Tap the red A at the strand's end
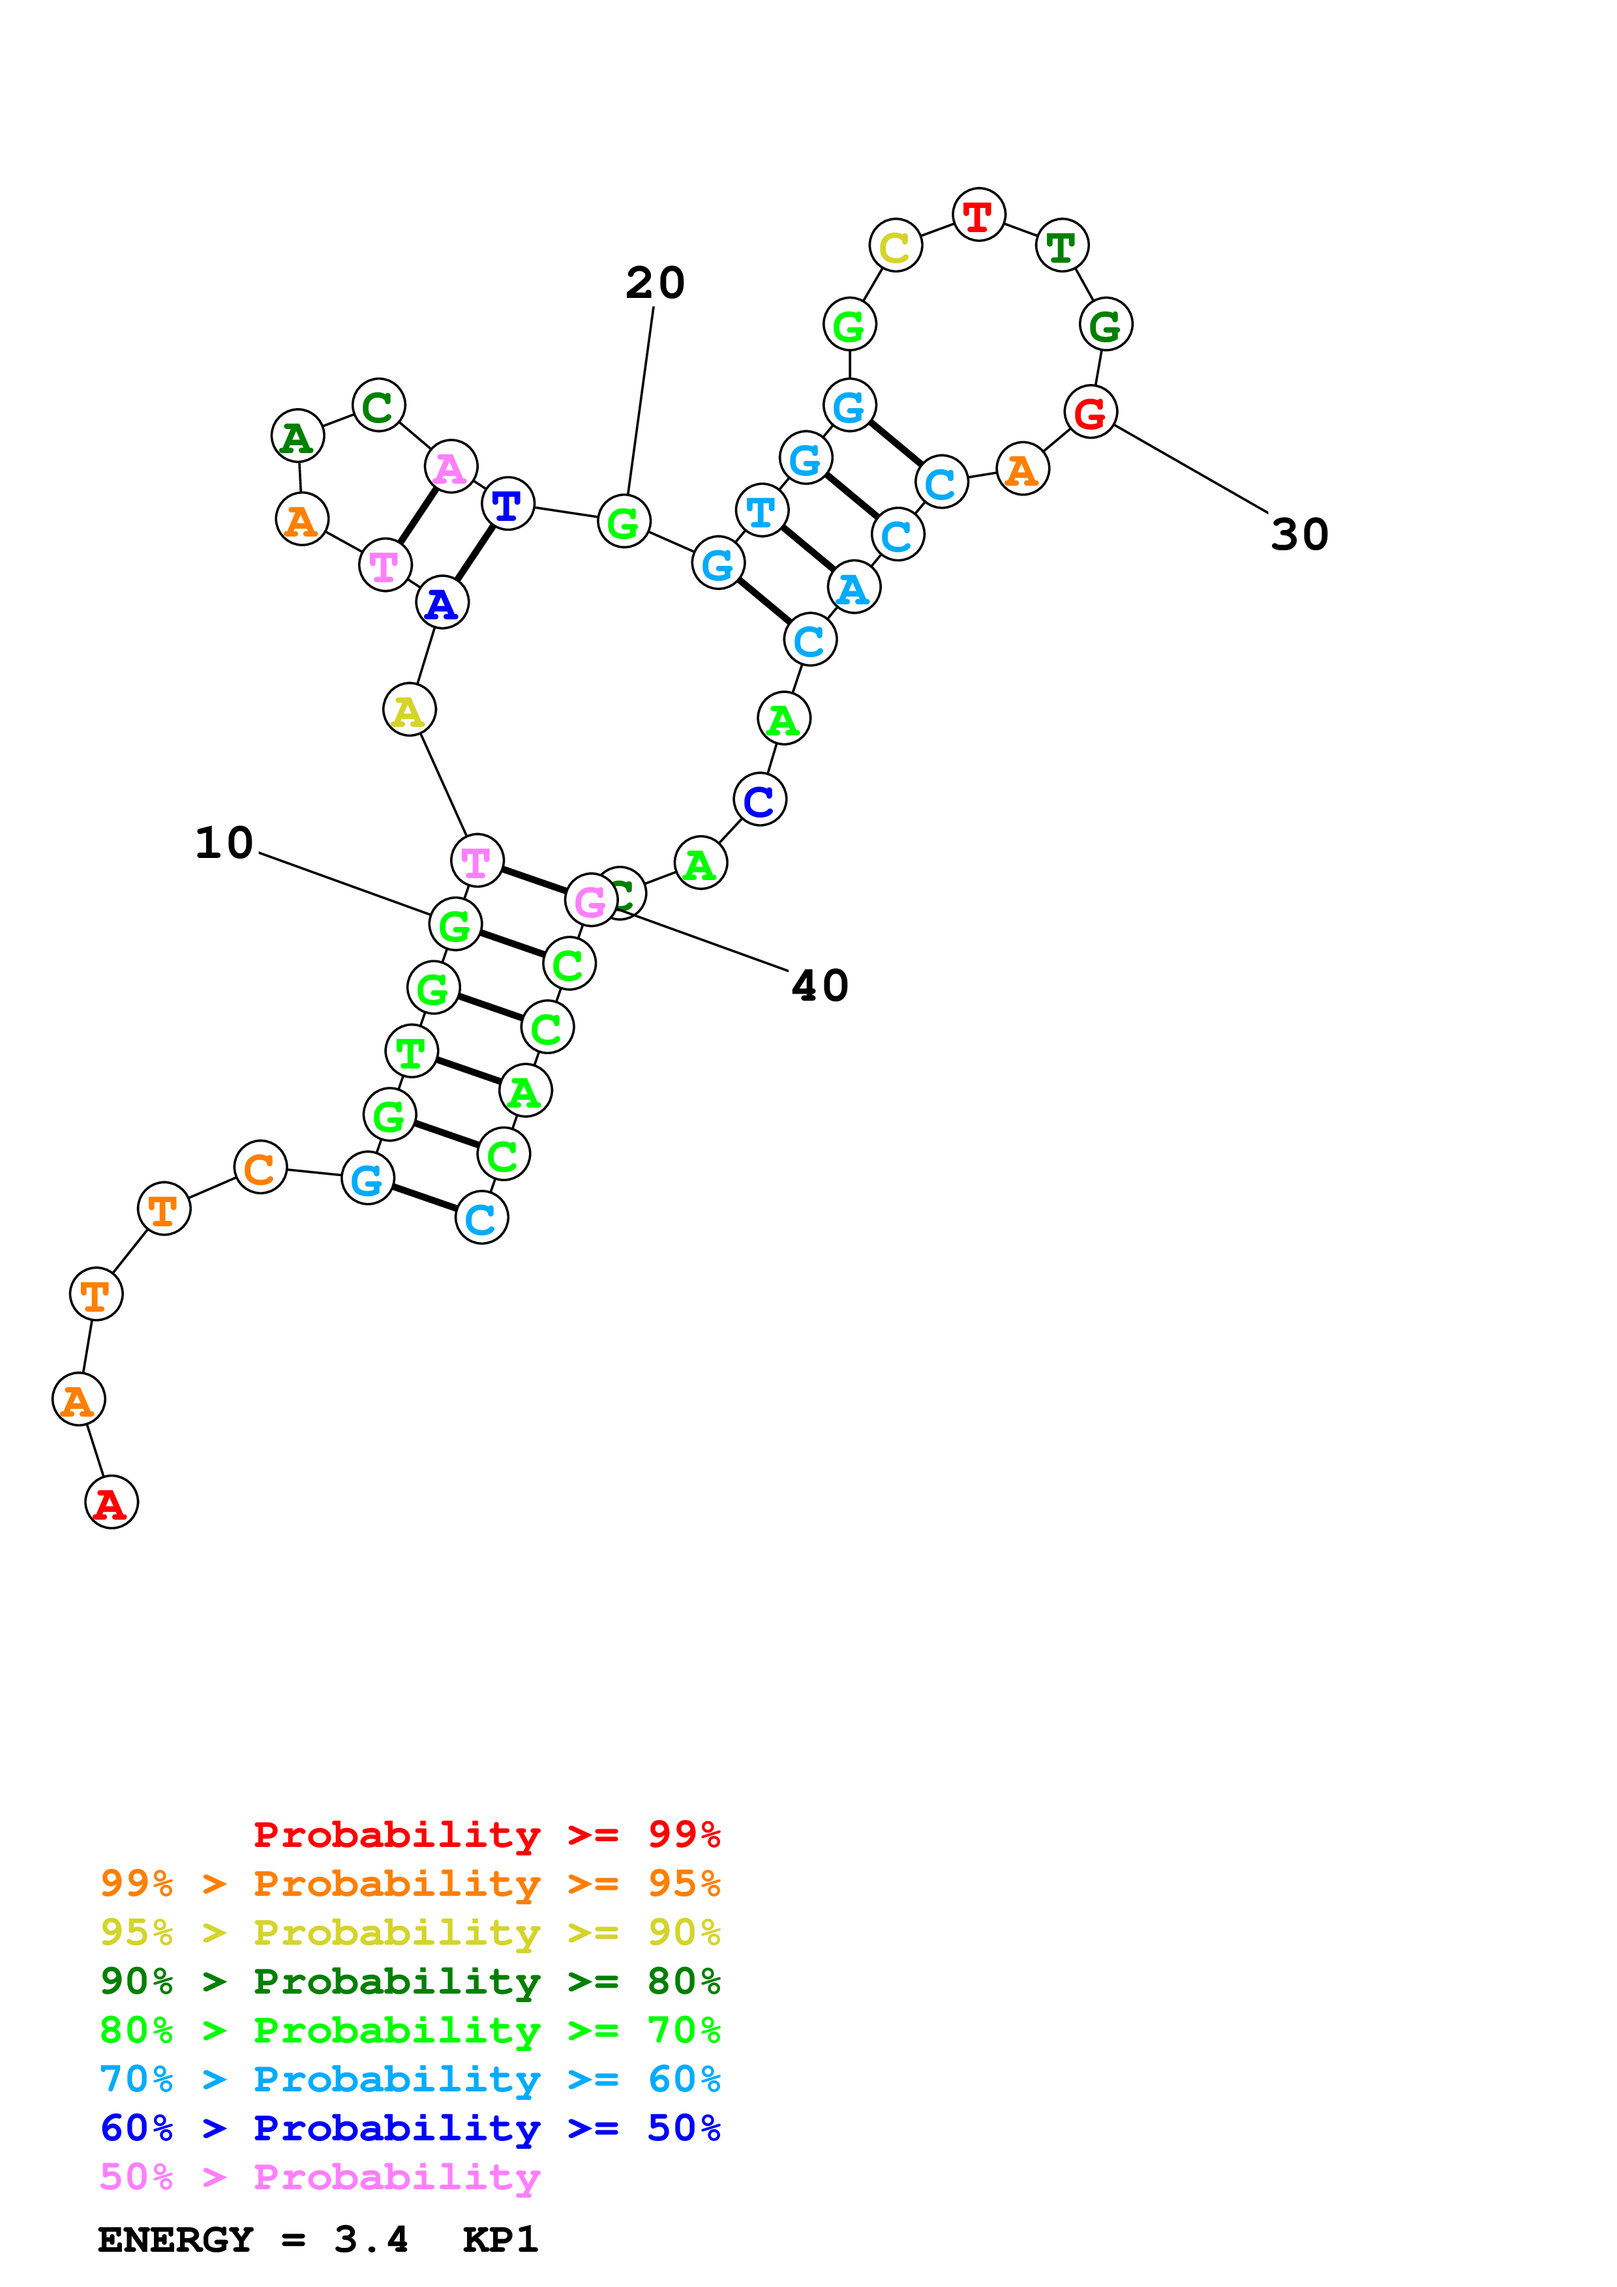(112, 1502)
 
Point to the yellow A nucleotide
(408, 710)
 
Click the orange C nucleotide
(260, 1168)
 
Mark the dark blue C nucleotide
(759, 800)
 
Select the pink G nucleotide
(591, 900)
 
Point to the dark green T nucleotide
(1062, 245)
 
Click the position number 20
(655, 283)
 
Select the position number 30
(1299, 535)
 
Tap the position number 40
(819, 986)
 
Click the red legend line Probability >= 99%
(486, 1835)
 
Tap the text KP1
(500, 2240)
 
